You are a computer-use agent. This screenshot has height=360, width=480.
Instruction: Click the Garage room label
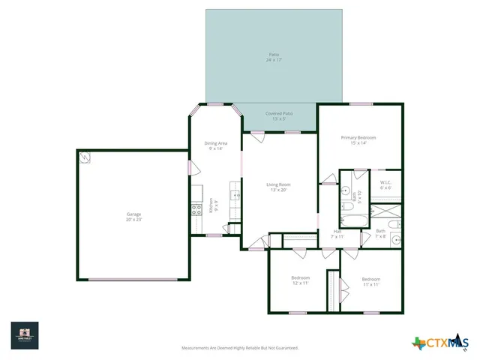tap(133, 216)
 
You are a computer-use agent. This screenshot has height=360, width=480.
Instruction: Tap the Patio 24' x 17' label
tap(274, 57)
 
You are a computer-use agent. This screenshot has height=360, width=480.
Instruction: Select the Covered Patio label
tap(279, 115)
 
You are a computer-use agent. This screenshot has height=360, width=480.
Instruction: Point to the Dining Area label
tap(216, 145)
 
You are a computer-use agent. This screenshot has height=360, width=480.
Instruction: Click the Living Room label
tap(279, 187)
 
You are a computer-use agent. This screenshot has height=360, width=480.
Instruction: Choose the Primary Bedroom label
tap(358, 139)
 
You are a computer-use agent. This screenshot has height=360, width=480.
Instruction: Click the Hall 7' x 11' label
tap(337, 234)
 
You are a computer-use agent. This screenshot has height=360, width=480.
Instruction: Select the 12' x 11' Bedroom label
tap(301, 281)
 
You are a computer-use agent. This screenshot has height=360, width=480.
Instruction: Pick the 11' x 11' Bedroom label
tap(371, 282)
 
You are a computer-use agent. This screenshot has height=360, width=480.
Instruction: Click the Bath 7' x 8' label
tap(380, 233)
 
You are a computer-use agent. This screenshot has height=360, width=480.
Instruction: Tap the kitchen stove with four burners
tap(196, 210)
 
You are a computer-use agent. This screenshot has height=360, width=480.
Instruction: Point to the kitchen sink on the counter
tap(235, 196)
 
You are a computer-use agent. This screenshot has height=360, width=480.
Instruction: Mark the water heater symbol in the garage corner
tap(85, 157)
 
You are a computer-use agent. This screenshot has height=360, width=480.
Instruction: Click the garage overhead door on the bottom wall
tap(133, 280)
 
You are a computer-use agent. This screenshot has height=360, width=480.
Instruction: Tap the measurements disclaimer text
tap(240, 348)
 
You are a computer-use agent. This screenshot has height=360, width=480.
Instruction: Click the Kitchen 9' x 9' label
tap(214, 205)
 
